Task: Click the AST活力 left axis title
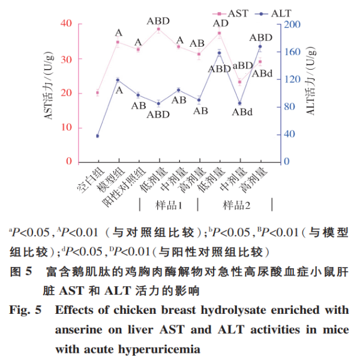pos(49,93)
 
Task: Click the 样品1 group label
pos(169,205)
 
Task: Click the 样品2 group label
pos(237,205)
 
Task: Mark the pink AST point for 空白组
pos(97,93)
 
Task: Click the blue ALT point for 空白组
pos(97,136)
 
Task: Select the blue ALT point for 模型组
pos(118,80)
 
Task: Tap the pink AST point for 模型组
pos(118,42)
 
